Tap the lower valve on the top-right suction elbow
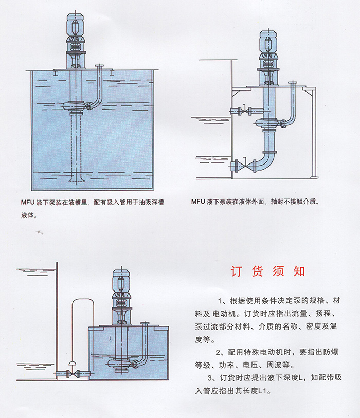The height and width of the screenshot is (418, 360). tap(240, 166)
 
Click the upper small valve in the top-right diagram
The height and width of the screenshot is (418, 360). tap(240, 111)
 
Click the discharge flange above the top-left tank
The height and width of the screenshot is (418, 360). tap(101, 66)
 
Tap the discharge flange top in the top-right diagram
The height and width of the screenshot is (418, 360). tap(294, 83)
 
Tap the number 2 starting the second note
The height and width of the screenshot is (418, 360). tap(220, 352)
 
